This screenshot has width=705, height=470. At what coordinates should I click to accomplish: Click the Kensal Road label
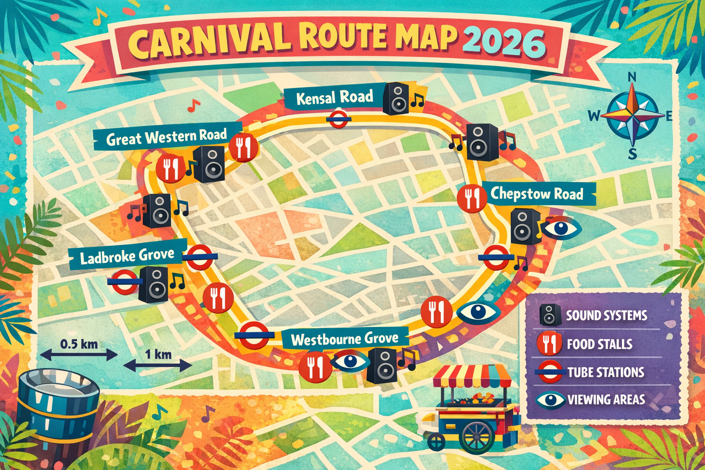coord(334,98)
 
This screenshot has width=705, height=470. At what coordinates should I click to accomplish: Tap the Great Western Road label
coord(166,137)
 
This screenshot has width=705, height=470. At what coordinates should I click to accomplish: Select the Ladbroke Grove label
coord(127,256)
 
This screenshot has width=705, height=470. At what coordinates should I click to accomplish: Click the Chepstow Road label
coord(537,194)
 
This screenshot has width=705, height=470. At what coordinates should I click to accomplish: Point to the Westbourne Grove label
coord(345,339)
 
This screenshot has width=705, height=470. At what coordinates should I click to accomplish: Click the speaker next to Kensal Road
coord(396,99)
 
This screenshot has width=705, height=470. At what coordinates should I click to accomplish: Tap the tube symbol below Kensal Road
coord(339,118)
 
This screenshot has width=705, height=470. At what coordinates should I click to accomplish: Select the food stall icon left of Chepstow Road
coord(472,198)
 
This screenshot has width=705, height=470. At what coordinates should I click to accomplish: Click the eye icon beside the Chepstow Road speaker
coord(561,228)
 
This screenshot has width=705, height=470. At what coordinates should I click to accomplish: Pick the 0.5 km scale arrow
coord(79,354)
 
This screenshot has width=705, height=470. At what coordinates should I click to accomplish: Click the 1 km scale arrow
coord(158,365)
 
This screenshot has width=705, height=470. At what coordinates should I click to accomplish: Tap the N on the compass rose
coord(632,77)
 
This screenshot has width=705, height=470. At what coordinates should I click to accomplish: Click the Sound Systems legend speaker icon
coord(550,315)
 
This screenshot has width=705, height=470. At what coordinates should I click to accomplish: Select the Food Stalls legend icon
coord(549,343)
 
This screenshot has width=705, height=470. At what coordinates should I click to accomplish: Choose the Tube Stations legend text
coord(605,372)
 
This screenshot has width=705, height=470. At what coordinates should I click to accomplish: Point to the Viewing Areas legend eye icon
coord(550,400)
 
